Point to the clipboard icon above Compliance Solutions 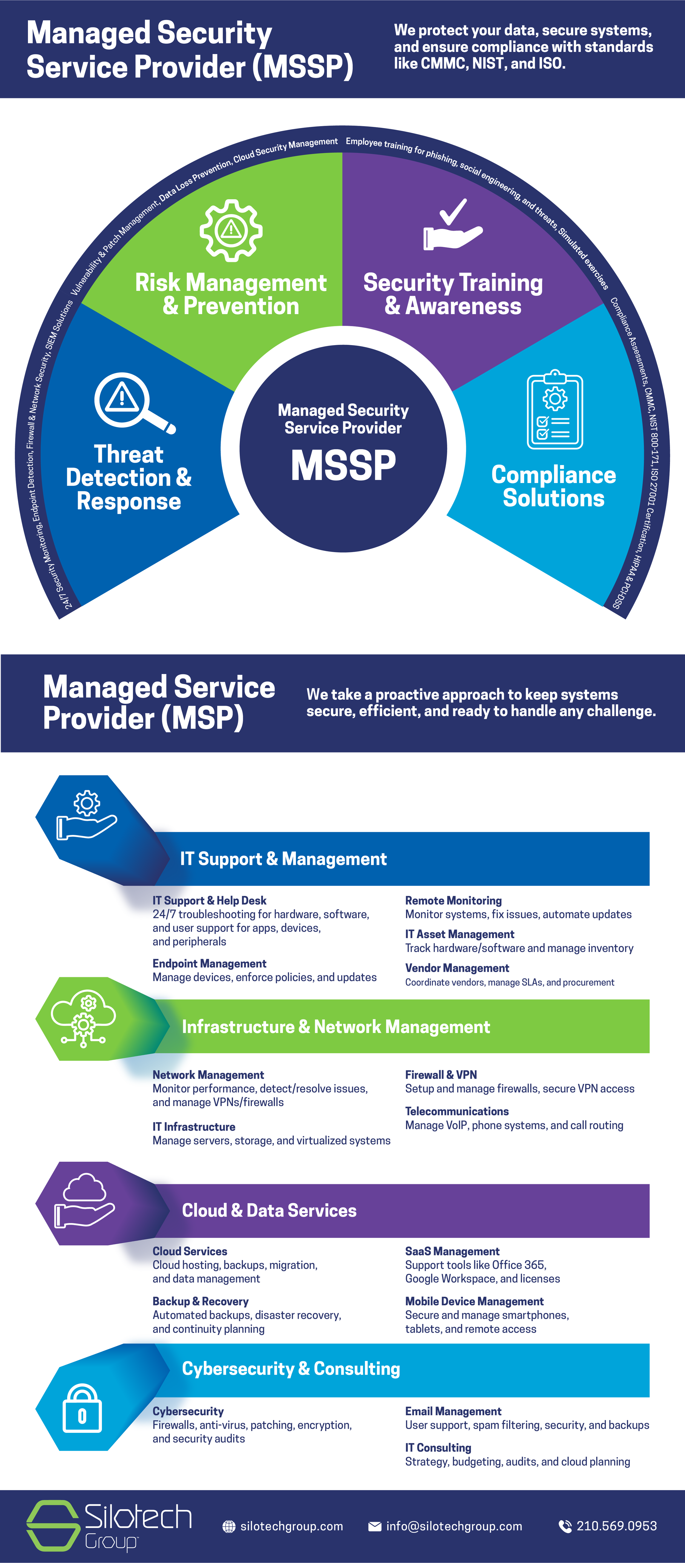[x=555, y=410]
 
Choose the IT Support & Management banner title [x=283, y=859]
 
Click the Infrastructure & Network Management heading [x=336, y=1027]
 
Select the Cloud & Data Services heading [x=269, y=1210]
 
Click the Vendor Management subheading [x=457, y=968]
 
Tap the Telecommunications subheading [x=457, y=1111]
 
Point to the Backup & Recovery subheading [x=200, y=1301]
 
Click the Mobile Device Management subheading [x=474, y=1301]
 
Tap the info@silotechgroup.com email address [x=454, y=1526]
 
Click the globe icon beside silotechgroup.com [x=229, y=1527]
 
